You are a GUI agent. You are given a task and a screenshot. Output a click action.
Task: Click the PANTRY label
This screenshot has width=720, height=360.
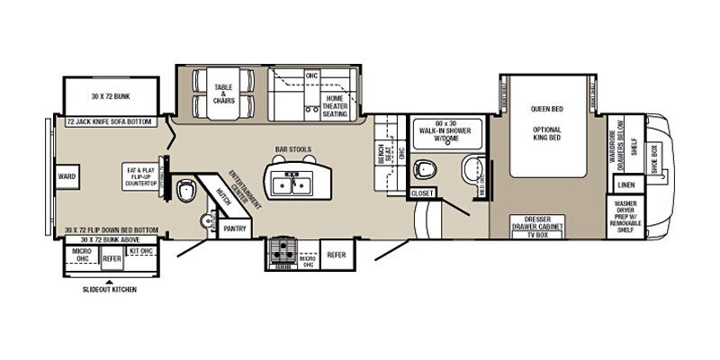point(235,229)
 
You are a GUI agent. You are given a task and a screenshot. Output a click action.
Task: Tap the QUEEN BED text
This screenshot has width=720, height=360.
point(546,109)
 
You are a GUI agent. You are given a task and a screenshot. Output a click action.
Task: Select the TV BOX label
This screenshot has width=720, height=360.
point(536,234)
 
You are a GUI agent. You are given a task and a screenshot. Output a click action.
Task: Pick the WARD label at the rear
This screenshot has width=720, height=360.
point(66,177)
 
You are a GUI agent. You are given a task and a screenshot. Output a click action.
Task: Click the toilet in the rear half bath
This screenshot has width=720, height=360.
point(186,190)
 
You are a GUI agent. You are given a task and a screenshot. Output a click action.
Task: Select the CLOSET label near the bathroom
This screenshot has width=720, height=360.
point(422,193)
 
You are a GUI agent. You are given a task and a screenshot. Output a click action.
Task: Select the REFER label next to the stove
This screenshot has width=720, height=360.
point(336,254)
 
